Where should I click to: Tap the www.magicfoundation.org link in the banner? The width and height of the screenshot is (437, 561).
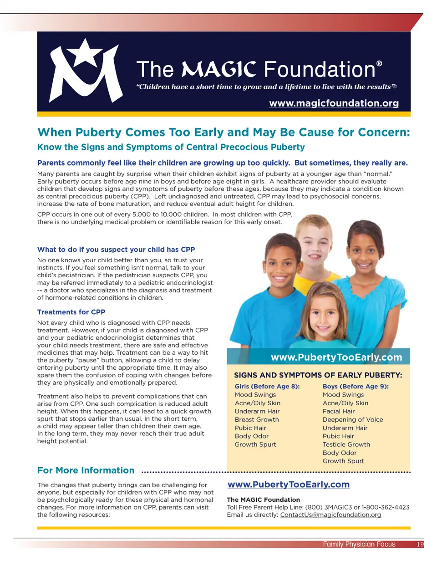click(334, 103)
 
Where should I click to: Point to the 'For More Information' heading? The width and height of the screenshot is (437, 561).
click(86, 470)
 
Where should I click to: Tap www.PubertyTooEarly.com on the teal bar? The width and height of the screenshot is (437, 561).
click(336, 357)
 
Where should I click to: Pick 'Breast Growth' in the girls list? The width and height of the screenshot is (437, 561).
click(257, 419)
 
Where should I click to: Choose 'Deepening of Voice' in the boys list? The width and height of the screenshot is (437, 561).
click(353, 419)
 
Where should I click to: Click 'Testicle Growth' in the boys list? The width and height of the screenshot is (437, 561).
click(346, 444)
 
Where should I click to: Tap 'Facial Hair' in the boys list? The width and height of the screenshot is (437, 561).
click(340, 411)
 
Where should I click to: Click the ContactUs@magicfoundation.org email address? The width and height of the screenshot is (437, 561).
click(330, 515)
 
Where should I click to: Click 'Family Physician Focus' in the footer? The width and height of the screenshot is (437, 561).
click(359, 544)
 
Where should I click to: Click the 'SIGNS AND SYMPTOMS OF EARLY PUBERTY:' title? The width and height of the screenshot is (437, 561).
click(318, 376)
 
